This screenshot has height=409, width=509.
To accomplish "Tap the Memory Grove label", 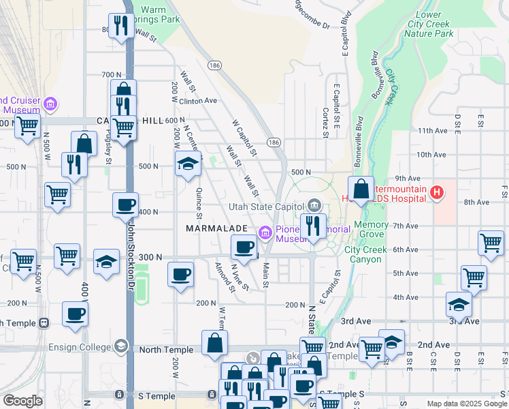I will pyautogui.click(x=371, y=230).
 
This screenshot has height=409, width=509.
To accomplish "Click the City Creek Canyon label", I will pyautogui.click(x=365, y=254).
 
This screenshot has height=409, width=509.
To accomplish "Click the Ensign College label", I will pyautogui.click(x=77, y=346).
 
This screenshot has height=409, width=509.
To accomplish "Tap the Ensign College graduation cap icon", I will pyautogui.click(x=122, y=346).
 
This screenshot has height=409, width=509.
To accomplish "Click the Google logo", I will pyautogui.click(x=22, y=401).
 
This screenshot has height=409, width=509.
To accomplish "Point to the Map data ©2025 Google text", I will pyautogui.click(x=466, y=404).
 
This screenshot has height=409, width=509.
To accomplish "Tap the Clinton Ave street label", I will pyautogui.click(x=197, y=100).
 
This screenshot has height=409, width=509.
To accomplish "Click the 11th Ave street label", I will pyautogui.click(x=434, y=130).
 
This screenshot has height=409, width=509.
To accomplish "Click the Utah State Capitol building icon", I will pyautogui.click(x=314, y=204).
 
